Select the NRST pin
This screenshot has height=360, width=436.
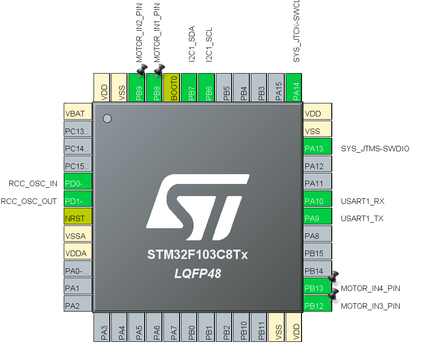coord(78,217)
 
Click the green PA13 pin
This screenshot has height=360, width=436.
coord(317,149)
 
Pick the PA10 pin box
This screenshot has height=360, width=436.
coord(317,201)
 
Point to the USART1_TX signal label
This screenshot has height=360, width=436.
coord(362,218)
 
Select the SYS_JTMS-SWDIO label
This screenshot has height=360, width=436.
coord(375,149)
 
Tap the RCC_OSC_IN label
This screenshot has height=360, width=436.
coord(33,183)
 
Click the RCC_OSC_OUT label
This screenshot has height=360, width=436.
coord(29,201)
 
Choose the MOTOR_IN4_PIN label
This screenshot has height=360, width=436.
coord(370,288)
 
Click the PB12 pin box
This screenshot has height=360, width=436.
coord(317,306)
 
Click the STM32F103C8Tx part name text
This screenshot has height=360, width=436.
coord(197,255)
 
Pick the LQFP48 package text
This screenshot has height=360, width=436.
coord(197,274)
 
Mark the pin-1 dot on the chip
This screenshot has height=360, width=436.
coord(107,119)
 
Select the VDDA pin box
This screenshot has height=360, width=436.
coord(78,253)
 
